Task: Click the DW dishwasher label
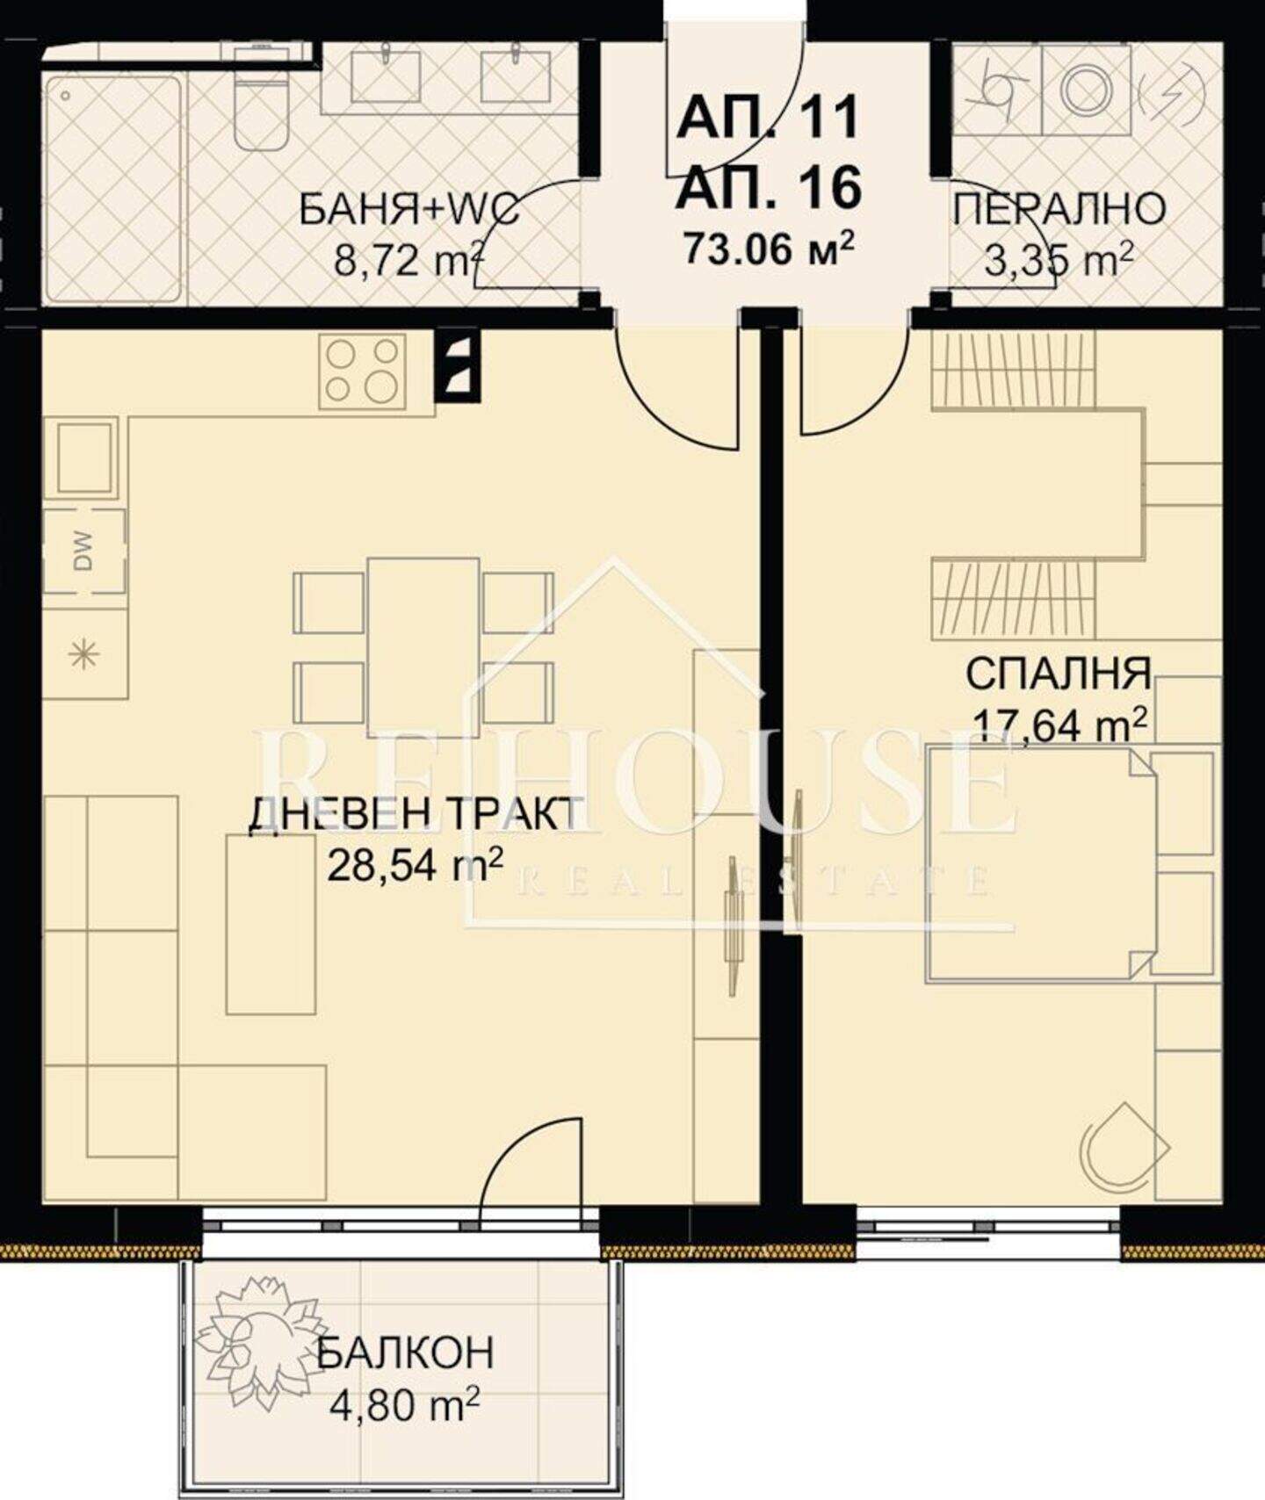(85, 552)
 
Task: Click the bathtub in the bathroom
(113, 189)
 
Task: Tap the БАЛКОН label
(405, 1353)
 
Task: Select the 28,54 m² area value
(415, 868)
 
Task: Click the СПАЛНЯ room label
(1058, 674)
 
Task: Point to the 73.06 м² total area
(769, 249)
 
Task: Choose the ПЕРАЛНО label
(1059, 209)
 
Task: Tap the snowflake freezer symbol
(84, 654)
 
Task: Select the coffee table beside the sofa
(271, 924)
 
